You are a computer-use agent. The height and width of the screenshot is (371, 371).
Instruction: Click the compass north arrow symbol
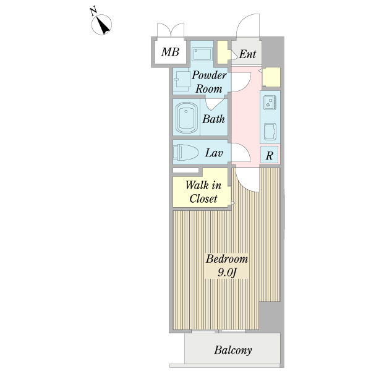(x=102, y=24)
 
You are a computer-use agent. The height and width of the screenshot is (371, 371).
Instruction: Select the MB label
(x=170, y=53)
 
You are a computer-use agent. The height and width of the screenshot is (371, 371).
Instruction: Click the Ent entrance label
(x=247, y=54)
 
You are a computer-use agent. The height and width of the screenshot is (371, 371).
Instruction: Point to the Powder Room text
(x=208, y=82)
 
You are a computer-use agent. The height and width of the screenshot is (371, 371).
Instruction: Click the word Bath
(x=213, y=119)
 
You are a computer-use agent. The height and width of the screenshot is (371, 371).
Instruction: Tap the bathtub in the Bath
(x=186, y=117)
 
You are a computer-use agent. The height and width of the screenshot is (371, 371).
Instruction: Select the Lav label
(x=214, y=153)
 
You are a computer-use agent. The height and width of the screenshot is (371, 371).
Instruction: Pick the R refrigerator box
(x=270, y=155)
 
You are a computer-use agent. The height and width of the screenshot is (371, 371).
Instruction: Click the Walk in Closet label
(x=203, y=191)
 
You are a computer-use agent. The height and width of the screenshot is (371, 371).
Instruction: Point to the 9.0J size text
(x=227, y=272)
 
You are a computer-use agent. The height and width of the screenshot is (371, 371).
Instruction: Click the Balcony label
(x=233, y=351)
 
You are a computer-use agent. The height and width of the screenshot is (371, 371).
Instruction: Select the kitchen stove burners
(x=270, y=102)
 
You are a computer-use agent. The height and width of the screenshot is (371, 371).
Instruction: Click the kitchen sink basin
(x=270, y=132)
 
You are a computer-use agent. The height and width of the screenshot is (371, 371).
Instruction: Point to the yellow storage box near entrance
(x=273, y=77)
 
